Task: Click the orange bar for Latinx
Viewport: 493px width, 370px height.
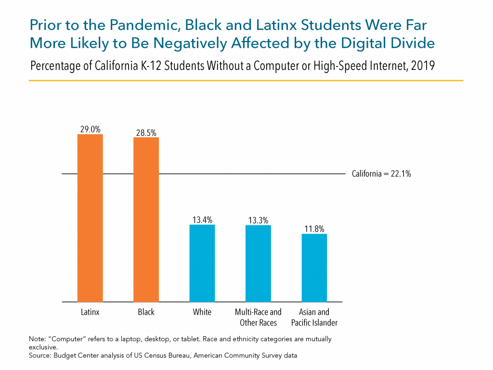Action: [90, 218]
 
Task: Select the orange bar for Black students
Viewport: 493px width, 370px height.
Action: [146, 220]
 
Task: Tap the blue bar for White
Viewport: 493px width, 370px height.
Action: [202, 263]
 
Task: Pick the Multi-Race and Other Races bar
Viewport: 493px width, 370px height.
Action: [258, 263]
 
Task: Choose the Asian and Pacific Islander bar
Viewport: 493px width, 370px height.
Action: [314, 268]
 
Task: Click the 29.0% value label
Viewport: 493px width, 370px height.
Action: [90, 129]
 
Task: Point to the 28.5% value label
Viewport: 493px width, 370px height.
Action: [146, 132]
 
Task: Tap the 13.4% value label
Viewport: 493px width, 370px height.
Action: [202, 220]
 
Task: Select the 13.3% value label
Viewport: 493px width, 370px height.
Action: [258, 220]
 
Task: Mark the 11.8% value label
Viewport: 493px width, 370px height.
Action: [314, 229]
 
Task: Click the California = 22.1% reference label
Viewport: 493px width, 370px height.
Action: [381, 174]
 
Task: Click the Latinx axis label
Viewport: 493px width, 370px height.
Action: [90, 312]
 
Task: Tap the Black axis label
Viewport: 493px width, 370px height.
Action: [146, 312]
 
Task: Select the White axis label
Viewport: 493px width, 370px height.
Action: [202, 312]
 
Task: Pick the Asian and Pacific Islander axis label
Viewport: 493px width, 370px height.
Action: [314, 317]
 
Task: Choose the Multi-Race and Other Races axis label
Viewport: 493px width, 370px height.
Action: [258, 317]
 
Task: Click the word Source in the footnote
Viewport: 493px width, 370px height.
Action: [40, 355]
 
